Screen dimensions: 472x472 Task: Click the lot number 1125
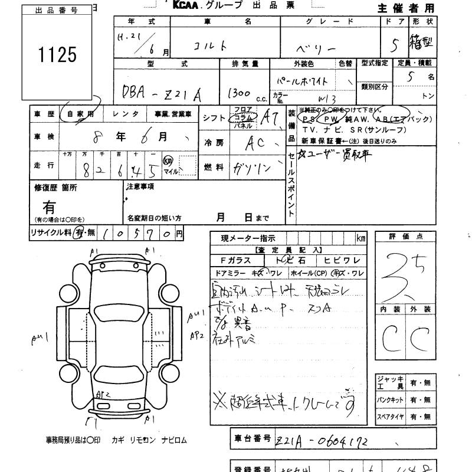pos(58,55)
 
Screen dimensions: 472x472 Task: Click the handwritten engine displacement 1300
pos(238,93)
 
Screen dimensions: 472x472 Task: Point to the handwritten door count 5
pos(401,44)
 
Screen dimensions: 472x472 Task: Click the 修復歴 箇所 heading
pos(56,188)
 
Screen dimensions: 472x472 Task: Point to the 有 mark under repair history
pos(50,208)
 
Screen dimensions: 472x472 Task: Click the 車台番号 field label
pos(251,438)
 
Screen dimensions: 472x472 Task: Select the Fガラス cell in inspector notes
pos(235,260)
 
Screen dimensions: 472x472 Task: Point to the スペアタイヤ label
pos(390,417)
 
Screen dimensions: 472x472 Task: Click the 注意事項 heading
pos(140,186)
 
